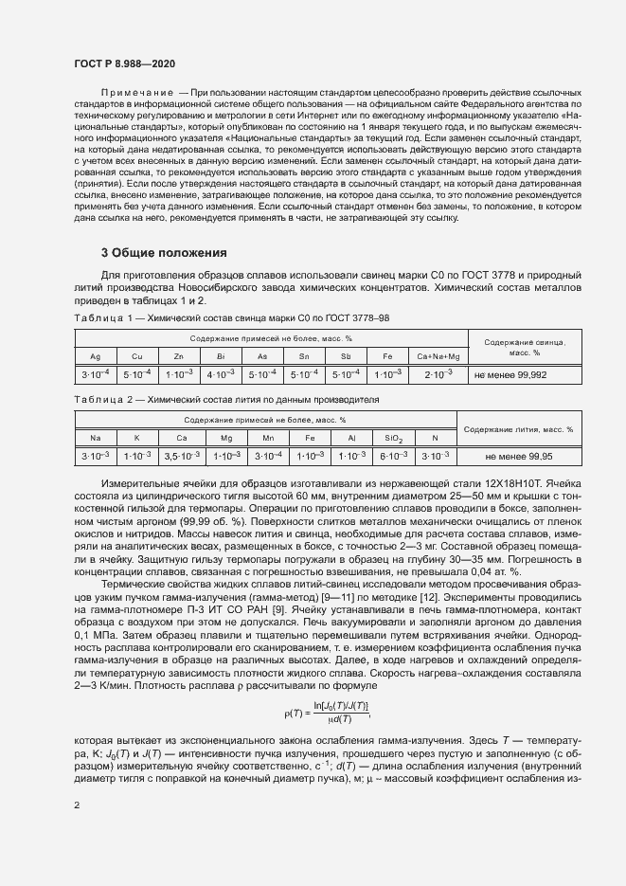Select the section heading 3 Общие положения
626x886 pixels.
pos(164,253)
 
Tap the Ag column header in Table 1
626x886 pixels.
pos(95,356)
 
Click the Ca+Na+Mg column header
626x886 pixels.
pos(438,356)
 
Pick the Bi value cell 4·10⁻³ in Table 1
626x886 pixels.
pos(221,374)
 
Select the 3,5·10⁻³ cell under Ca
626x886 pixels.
pos(182,456)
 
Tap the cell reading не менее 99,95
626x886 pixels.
pos(518,456)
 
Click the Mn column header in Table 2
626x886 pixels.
pos(268,438)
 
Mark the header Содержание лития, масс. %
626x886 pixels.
pos(518,428)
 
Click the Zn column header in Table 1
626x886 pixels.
pos(179,356)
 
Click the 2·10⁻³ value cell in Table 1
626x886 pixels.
pos(438,374)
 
